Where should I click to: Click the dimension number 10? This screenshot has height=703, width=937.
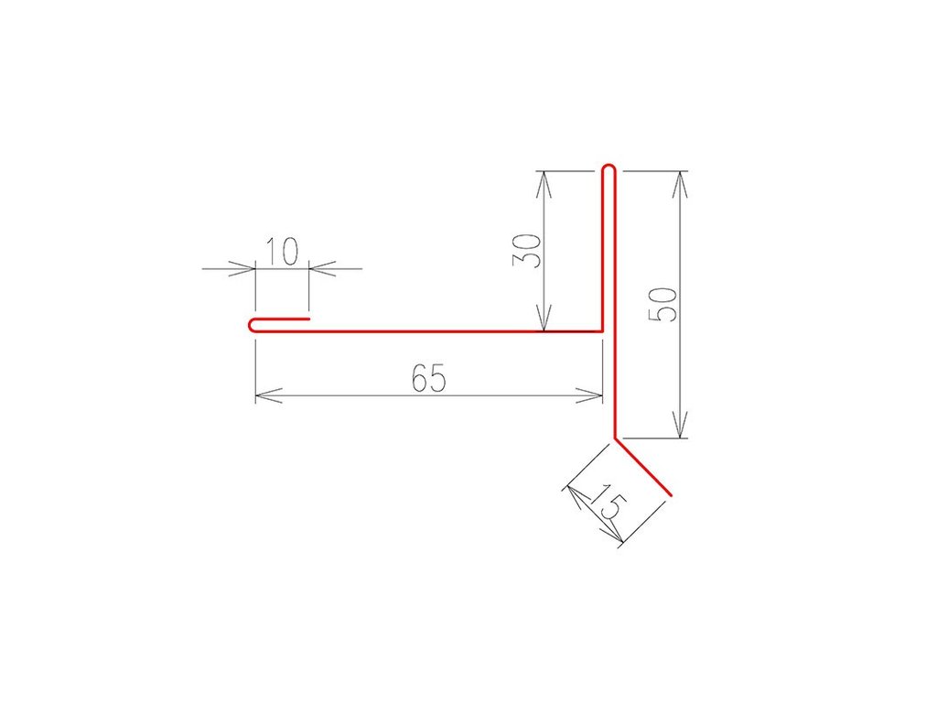click(x=282, y=252)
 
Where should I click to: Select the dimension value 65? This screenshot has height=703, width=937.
click(x=429, y=378)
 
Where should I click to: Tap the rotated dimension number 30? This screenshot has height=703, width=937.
click(x=527, y=251)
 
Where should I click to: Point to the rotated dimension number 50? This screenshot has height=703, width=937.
click(x=663, y=305)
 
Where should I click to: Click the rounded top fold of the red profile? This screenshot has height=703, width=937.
click(x=609, y=168)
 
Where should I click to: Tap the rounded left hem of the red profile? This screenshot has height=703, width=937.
click(x=253, y=325)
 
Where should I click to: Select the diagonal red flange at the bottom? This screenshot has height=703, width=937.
click(x=643, y=468)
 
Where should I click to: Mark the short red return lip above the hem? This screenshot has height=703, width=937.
click(x=282, y=319)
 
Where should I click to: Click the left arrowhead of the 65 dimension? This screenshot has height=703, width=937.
click(x=268, y=395)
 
